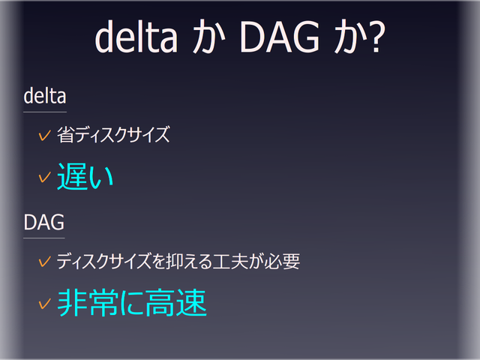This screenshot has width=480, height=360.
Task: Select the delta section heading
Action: [x=45, y=96]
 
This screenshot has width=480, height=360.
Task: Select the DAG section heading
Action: [x=43, y=222]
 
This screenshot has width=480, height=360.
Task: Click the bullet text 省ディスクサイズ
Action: [x=113, y=136]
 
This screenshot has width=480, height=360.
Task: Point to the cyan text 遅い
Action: [x=85, y=177]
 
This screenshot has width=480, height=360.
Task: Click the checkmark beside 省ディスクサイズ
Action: [x=44, y=136]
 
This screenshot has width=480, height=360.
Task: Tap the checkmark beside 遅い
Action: [x=44, y=178]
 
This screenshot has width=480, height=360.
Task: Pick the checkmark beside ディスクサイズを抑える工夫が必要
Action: [x=44, y=262]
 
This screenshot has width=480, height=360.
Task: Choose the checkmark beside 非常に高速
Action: [x=44, y=304]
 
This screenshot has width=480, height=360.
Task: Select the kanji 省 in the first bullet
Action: [x=64, y=136]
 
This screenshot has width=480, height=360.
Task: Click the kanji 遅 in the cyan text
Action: [x=71, y=177]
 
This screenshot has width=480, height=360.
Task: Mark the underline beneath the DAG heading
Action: [x=43, y=238]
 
